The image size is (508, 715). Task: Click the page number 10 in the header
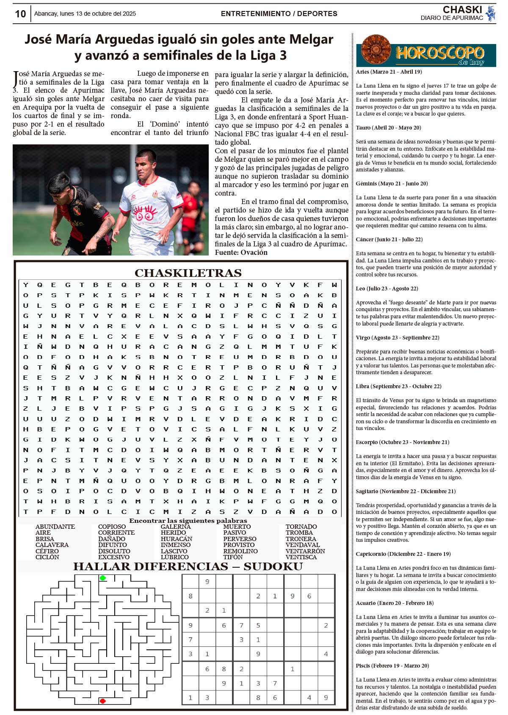tap(20, 14)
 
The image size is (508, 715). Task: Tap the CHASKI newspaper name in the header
tap(462, 10)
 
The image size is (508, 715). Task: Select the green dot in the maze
tap(102, 578)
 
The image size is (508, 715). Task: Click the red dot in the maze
tap(102, 701)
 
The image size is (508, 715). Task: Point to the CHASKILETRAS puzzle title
tap(188, 273)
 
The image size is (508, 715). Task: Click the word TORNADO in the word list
tap(301, 527)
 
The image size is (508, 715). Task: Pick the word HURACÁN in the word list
tap(176, 539)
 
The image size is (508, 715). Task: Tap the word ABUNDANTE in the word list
tap(55, 527)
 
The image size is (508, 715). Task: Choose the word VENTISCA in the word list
tap(301, 557)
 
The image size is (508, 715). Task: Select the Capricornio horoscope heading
tap(403, 554)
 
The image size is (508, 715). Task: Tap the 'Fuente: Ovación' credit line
tap(241, 252)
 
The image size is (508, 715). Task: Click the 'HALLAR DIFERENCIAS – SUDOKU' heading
tap(188, 566)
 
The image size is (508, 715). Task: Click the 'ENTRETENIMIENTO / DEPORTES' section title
tap(279, 14)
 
